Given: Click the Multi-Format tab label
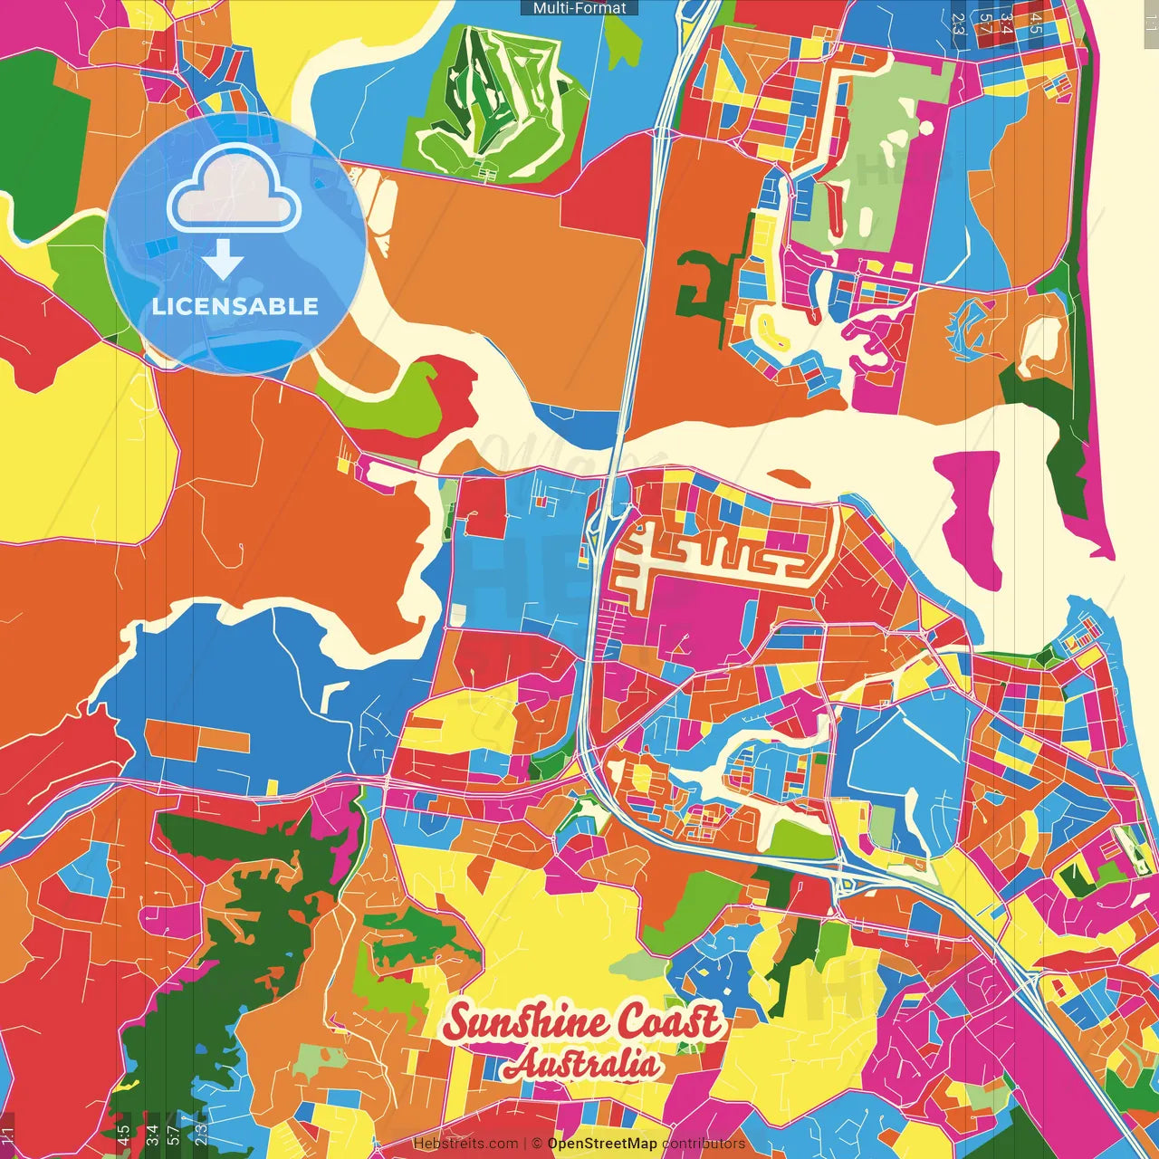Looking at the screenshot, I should coord(579,8).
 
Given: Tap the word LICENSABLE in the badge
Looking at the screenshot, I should coord(235,306).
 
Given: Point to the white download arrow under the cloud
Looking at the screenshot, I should coord(223,261).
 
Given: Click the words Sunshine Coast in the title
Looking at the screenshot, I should coord(584,1023).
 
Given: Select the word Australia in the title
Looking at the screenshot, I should coord(581,1064).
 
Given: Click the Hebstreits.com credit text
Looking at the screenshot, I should coord(465,1144).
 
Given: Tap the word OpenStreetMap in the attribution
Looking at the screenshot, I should coord(602,1144).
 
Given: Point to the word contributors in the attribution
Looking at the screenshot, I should coord(704,1144).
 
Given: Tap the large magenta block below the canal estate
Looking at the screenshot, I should coord(697,616).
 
